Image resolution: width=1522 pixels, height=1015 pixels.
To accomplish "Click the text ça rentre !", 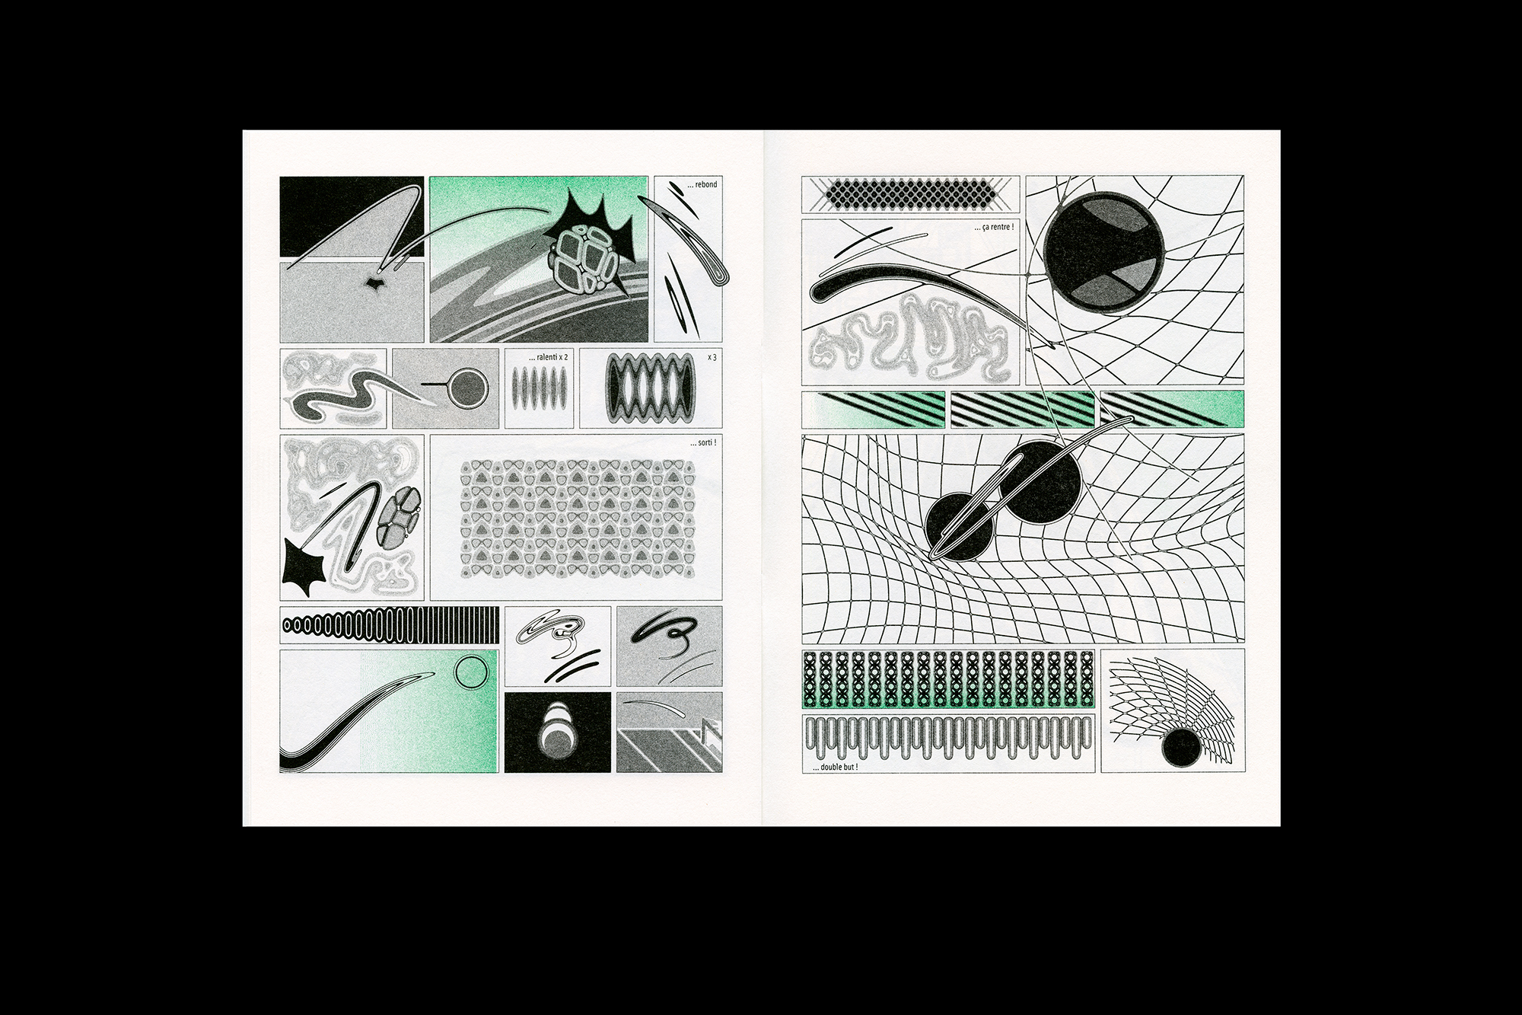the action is coord(993,227).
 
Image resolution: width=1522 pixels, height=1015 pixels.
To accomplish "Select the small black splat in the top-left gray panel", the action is coord(374,284).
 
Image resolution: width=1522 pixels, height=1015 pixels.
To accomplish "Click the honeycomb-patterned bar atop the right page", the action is coord(910,193).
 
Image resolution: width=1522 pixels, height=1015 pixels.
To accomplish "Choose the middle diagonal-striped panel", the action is coord(1022,409).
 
